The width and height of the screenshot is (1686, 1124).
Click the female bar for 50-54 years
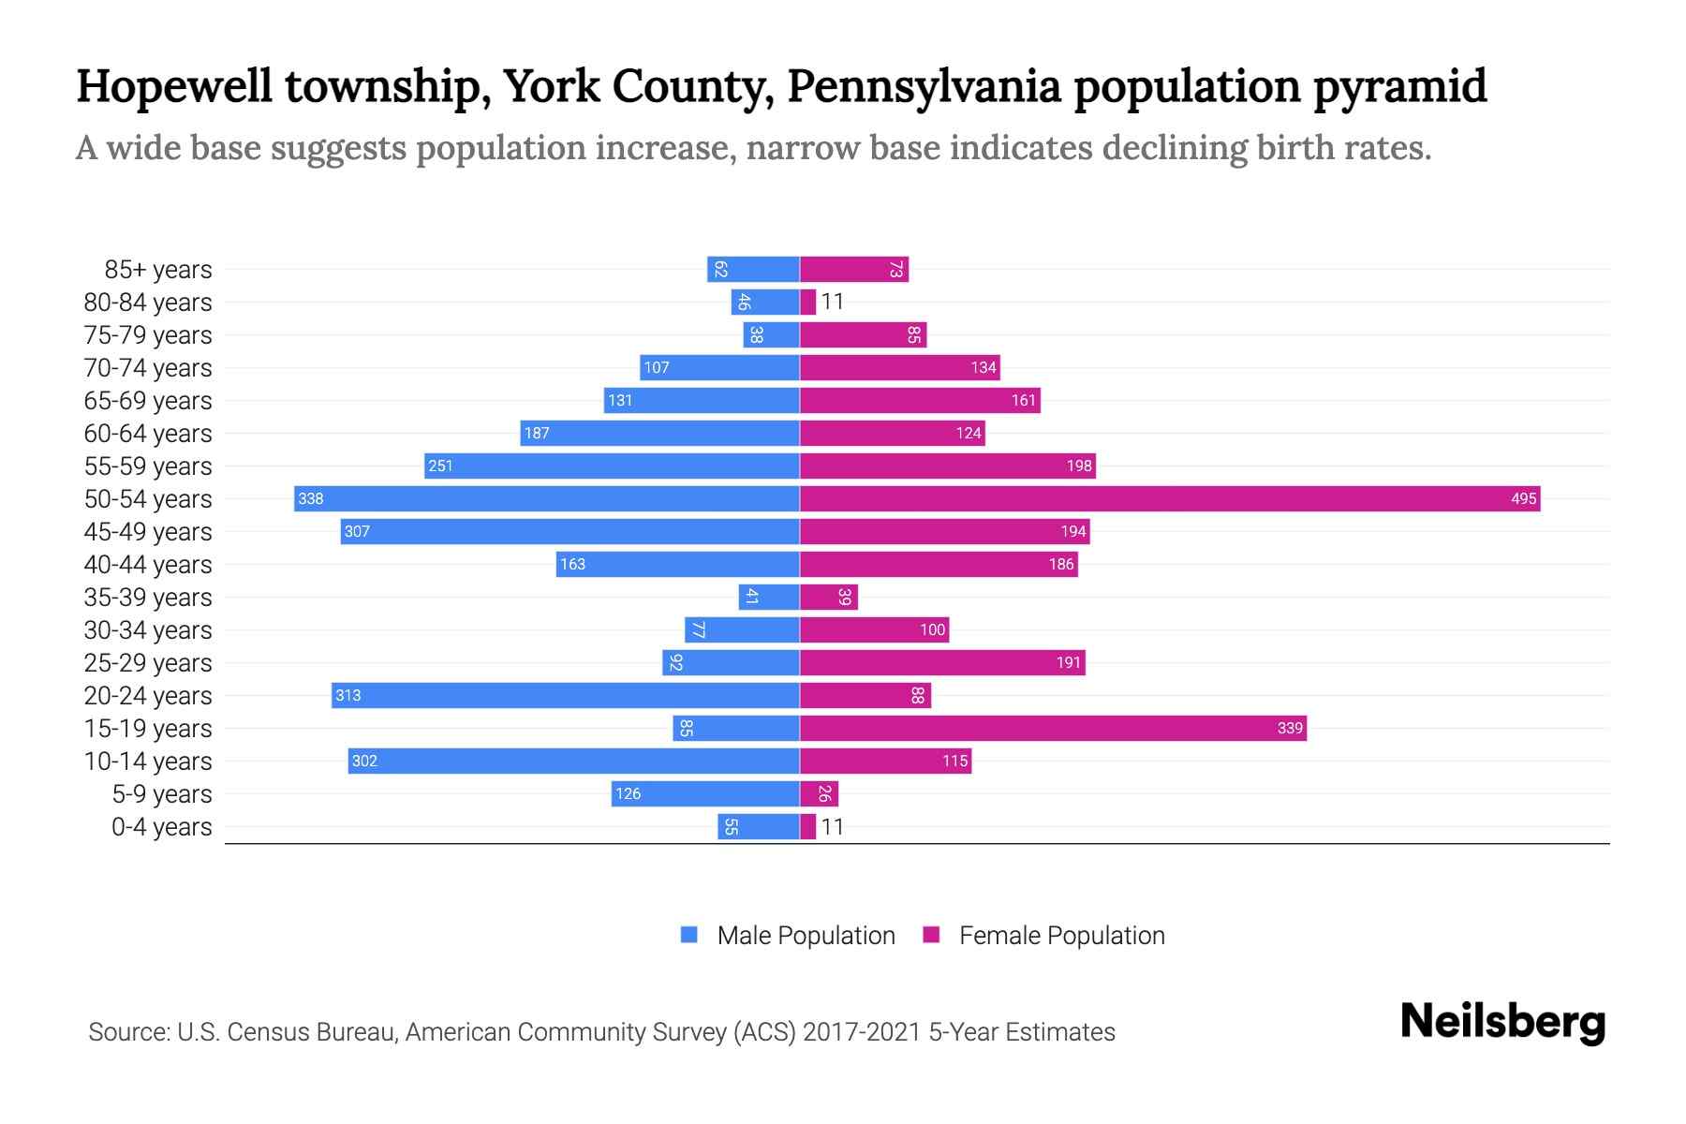pos(1169,498)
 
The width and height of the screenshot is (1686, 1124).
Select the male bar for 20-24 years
pos(565,695)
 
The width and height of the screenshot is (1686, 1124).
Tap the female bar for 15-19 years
pos(1053,728)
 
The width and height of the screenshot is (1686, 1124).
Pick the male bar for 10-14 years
pos(573,761)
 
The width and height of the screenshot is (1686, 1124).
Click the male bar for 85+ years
pos(753,269)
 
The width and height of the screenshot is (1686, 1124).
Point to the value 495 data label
pos(1523,498)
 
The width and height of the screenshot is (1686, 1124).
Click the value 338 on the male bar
pos(310,498)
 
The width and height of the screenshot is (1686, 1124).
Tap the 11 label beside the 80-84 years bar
pos(832,302)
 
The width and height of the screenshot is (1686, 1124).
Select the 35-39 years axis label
pos(148,598)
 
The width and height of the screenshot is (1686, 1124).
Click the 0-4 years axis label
pos(161,827)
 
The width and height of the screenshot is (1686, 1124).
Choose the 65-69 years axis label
pos(148,401)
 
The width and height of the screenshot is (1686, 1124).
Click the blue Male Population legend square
pos(689,935)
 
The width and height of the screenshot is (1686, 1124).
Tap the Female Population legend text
pos(1061,935)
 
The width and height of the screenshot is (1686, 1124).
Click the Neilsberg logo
pos(1502,1022)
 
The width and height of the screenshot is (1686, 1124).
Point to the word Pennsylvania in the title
pos(924,86)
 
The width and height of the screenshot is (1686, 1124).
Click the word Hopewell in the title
pos(173,86)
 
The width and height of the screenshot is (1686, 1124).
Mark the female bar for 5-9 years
pos(819,793)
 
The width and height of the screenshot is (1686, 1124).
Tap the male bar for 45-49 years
pos(569,531)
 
